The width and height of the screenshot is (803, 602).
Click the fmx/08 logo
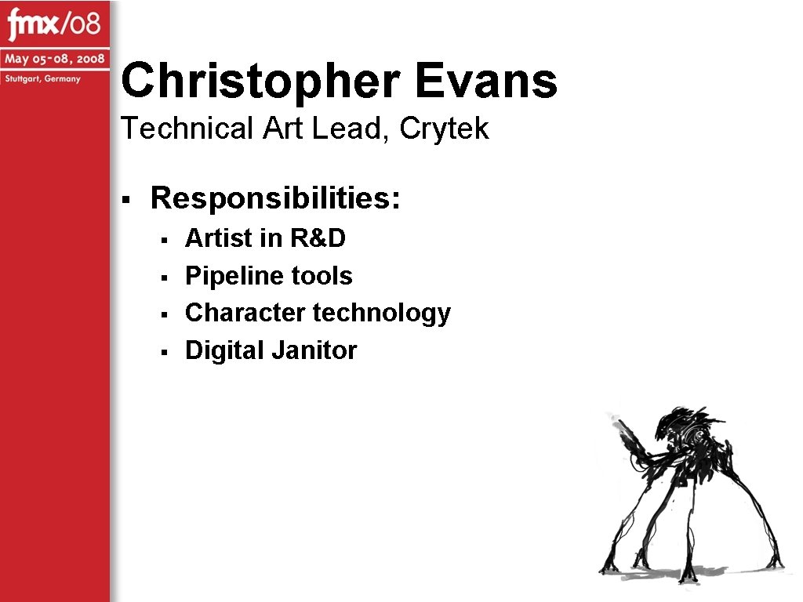pyautogui.click(x=54, y=27)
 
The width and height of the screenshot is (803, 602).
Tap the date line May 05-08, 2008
pyautogui.click(x=54, y=60)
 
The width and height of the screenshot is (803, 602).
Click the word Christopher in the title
pyautogui.click(x=262, y=82)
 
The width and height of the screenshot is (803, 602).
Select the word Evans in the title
pyautogui.click(x=486, y=82)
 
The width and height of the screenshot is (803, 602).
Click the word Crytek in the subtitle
pyautogui.click(x=444, y=129)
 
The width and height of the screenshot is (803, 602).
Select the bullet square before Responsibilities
pyautogui.click(x=125, y=198)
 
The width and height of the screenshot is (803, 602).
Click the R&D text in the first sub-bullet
pyautogui.click(x=318, y=238)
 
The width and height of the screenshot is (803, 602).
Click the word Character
pyautogui.click(x=245, y=313)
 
